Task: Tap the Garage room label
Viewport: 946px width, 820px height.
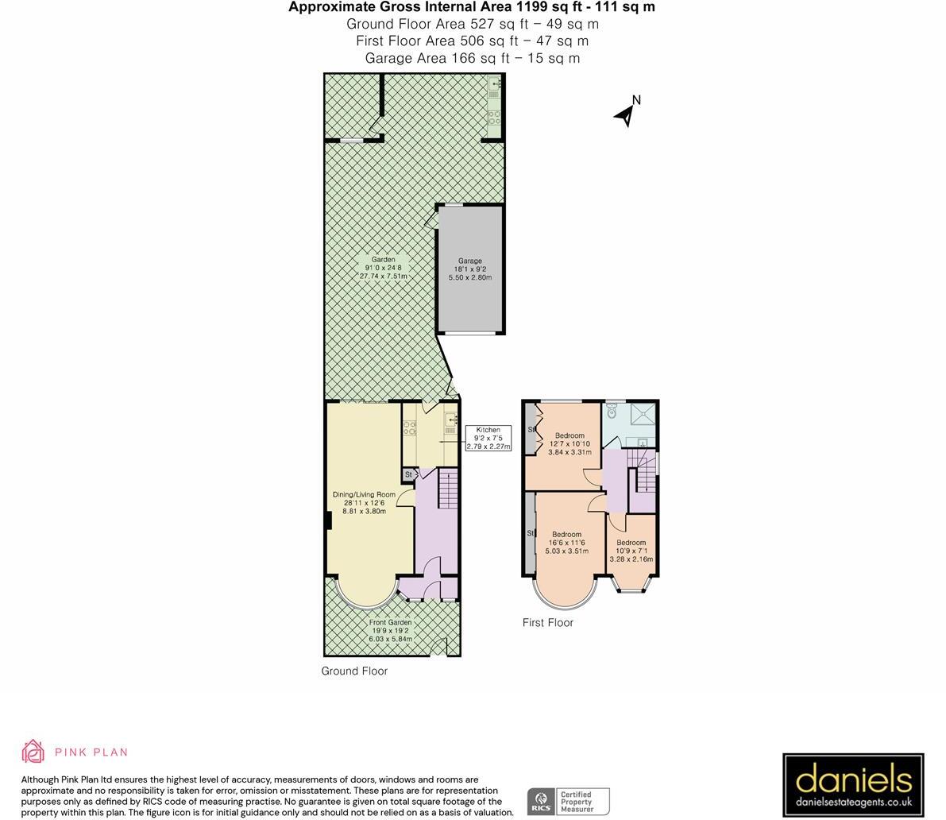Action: tap(469, 269)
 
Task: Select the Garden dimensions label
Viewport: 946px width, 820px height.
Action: tap(383, 268)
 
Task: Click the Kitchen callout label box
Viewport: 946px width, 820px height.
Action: tap(488, 438)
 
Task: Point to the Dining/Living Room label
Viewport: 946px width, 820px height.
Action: tap(364, 503)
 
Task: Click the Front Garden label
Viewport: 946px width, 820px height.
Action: tap(390, 631)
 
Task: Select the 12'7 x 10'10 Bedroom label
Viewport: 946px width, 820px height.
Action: tap(570, 443)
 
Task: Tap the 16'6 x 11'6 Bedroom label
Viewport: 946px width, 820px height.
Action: tap(566, 543)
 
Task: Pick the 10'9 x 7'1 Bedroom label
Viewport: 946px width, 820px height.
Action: tap(631, 551)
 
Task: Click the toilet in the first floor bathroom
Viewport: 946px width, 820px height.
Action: tap(612, 412)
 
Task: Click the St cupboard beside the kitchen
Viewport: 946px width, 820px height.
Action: tap(409, 474)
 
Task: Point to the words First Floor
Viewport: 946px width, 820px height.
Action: tap(547, 623)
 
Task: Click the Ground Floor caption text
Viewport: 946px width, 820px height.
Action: tap(354, 671)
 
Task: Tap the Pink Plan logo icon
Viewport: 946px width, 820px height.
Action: tap(33, 752)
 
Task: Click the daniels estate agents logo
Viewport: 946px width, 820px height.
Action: tap(852, 785)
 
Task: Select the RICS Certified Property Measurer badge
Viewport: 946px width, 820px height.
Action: tap(568, 801)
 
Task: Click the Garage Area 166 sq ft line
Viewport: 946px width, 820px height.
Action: tap(472, 58)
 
